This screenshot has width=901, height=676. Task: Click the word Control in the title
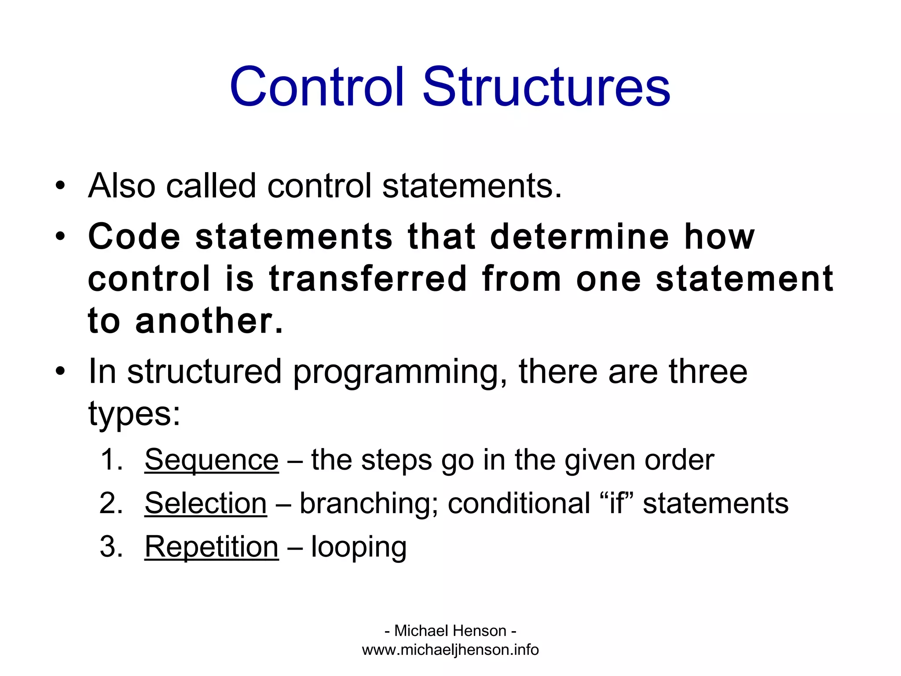[x=316, y=87]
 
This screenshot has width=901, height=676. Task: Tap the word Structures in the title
[x=546, y=87]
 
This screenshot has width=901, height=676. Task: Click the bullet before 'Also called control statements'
[x=60, y=185]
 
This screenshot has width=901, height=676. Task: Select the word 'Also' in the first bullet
[x=122, y=186]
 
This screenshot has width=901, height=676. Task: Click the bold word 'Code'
[x=134, y=237]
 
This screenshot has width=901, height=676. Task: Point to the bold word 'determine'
[x=579, y=237]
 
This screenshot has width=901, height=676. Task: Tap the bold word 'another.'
[x=209, y=321]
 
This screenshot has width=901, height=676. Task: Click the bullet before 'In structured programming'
[x=60, y=371]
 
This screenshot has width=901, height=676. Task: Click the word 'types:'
[x=134, y=414]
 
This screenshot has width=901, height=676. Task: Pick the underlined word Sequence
[x=212, y=460]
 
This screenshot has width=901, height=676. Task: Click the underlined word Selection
[x=205, y=503]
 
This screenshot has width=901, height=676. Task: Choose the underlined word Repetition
[x=212, y=547]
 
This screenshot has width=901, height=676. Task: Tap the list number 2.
[x=111, y=503]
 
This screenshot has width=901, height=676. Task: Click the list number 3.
[x=111, y=547]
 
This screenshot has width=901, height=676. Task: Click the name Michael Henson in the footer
[x=450, y=631]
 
